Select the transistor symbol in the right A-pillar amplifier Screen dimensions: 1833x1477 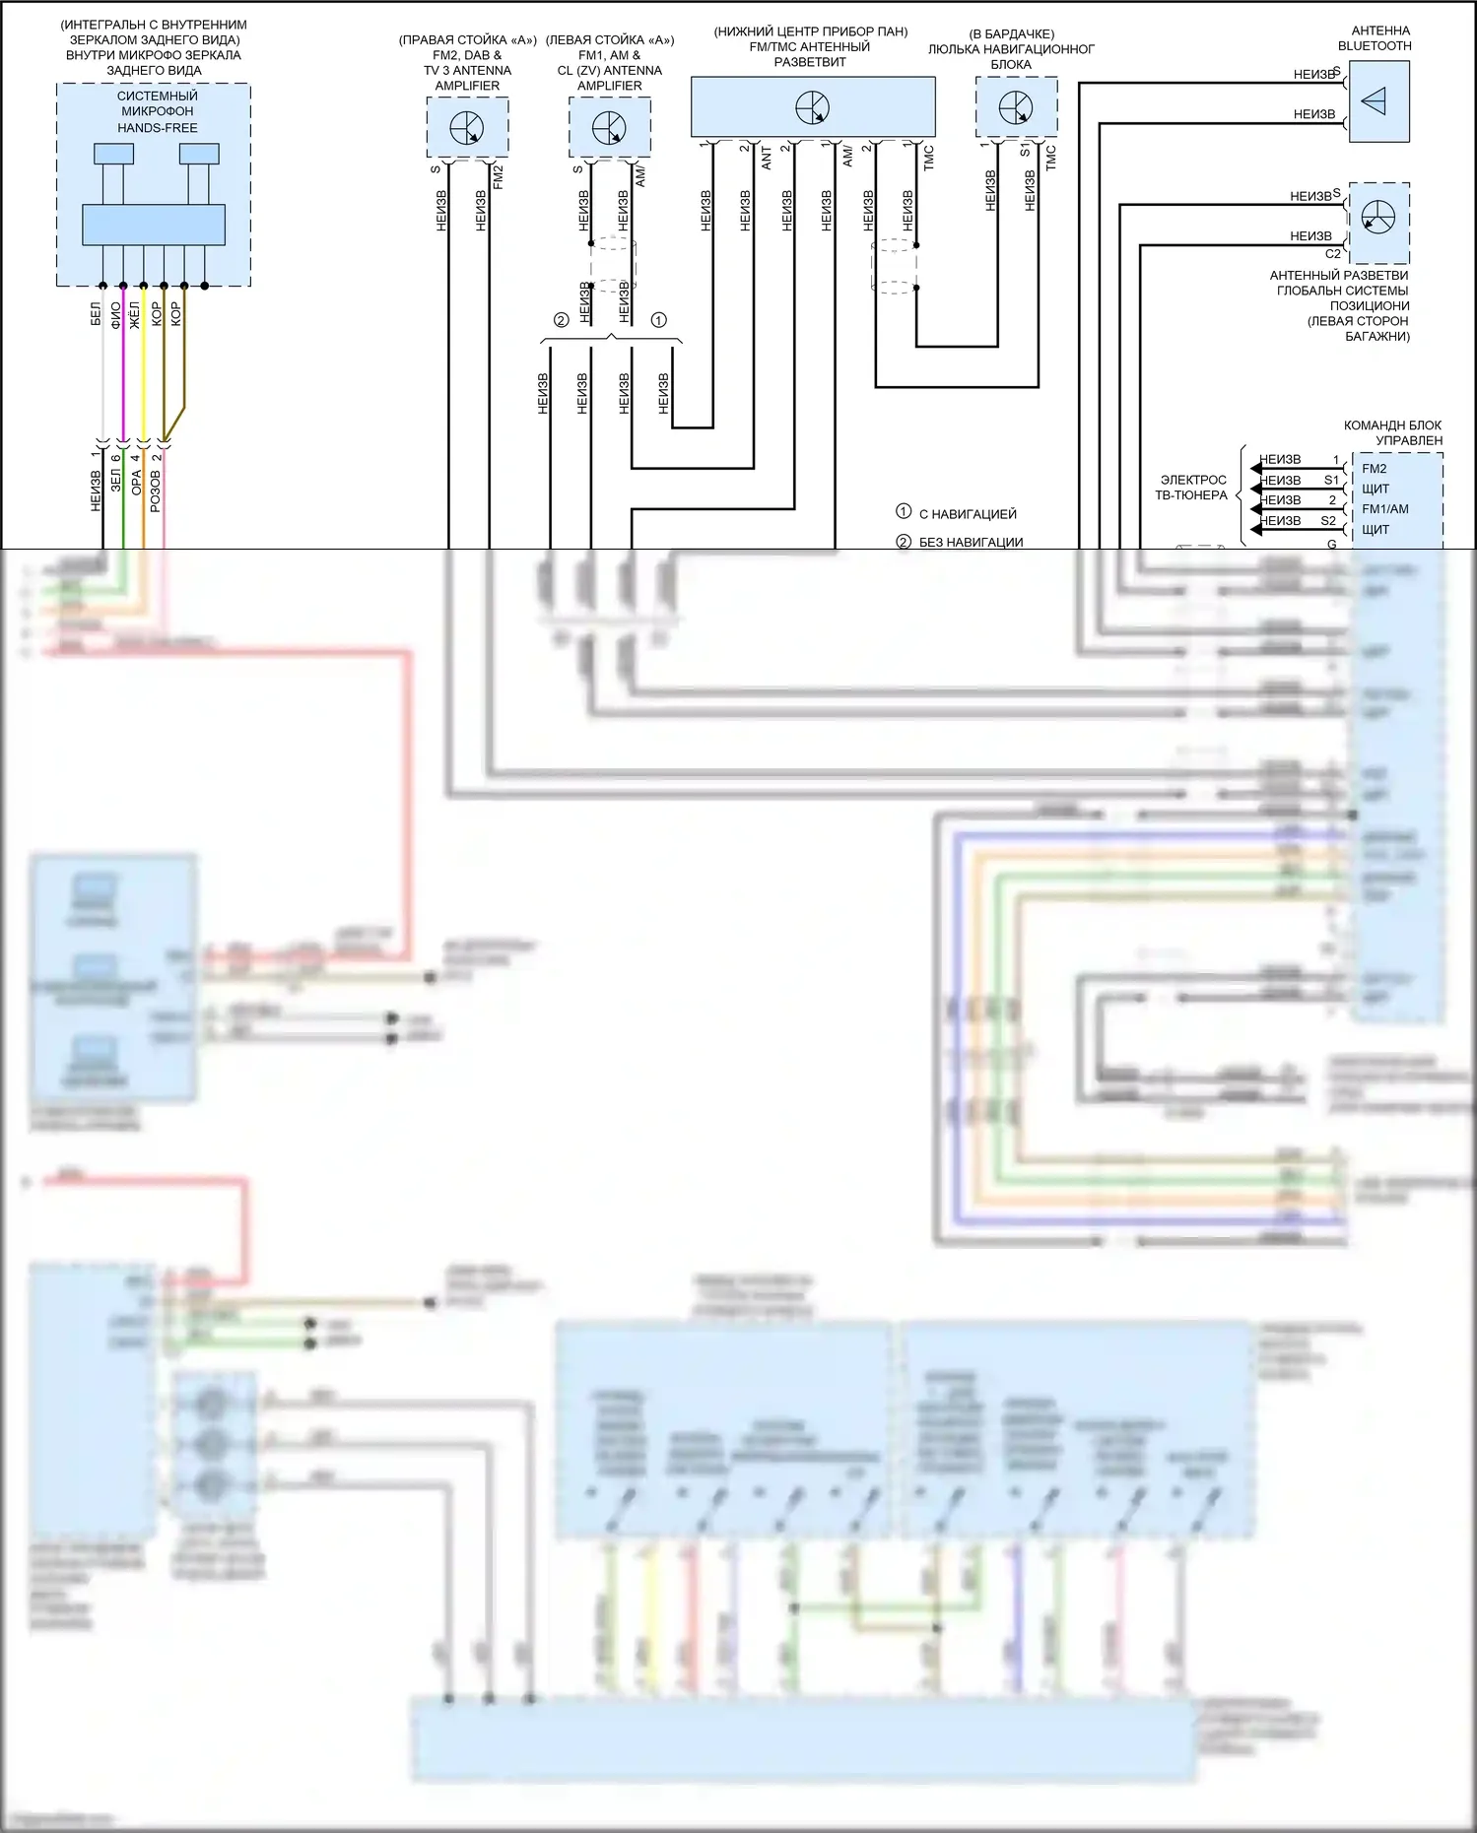coord(467,128)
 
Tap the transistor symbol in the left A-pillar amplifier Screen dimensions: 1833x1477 coord(610,128)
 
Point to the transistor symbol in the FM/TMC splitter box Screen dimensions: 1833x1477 coord(813,107)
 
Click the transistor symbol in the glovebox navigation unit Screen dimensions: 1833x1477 coord(1016,107)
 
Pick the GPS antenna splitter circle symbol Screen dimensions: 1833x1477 coord(1378,217)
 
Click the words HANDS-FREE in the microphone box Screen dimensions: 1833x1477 coord(158,128)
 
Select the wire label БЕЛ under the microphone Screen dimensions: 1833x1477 coord(96,314)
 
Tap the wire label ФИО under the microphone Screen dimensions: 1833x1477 coord(115,314)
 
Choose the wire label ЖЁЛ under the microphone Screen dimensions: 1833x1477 coord(135,314)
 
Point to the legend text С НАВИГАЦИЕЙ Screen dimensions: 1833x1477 coord(968,514)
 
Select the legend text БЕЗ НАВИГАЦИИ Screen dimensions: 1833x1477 coord(971,542)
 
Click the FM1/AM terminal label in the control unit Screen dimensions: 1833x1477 coord(1385,509)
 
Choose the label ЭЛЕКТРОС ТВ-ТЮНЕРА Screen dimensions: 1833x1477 coord(1192,488)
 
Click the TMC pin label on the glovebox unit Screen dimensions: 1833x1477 coord(1051,158)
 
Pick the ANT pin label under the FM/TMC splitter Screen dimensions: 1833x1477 coord(767,158)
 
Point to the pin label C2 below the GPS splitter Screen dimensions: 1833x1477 coord(1333,254)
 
